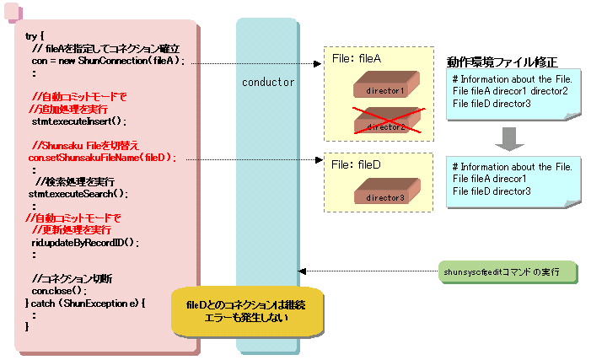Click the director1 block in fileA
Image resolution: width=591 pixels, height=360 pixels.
(385, 87)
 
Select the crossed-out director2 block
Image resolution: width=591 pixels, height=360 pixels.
(385, 123)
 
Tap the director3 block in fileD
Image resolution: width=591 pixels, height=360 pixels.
(385, 195)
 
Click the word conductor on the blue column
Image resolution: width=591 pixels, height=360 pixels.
(268, 83)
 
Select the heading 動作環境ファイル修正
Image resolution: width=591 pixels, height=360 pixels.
(502, 63)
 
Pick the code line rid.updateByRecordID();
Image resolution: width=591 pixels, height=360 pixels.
(85, 242)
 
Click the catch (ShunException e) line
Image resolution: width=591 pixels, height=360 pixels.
(87, 302)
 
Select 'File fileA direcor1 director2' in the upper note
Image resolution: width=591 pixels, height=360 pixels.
(510, 90)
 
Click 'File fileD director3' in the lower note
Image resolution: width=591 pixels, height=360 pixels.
(492, 191)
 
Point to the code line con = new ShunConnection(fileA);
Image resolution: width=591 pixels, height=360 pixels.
(107, 62)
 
